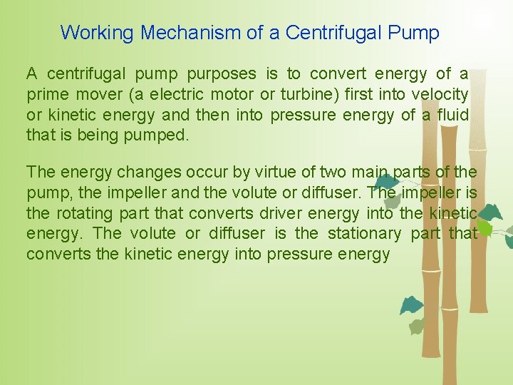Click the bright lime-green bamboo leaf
[484, 227]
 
